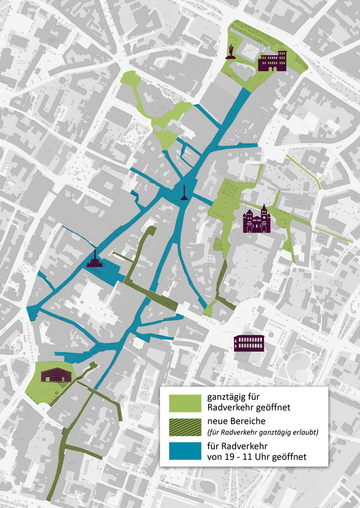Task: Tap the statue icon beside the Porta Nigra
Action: pos(232,52)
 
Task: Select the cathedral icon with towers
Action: pos(257,219)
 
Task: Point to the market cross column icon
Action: pos(183,193)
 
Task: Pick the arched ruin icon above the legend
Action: pos(248,343)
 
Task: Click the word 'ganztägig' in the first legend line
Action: pos(228,398)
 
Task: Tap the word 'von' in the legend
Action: pos(216,457)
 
